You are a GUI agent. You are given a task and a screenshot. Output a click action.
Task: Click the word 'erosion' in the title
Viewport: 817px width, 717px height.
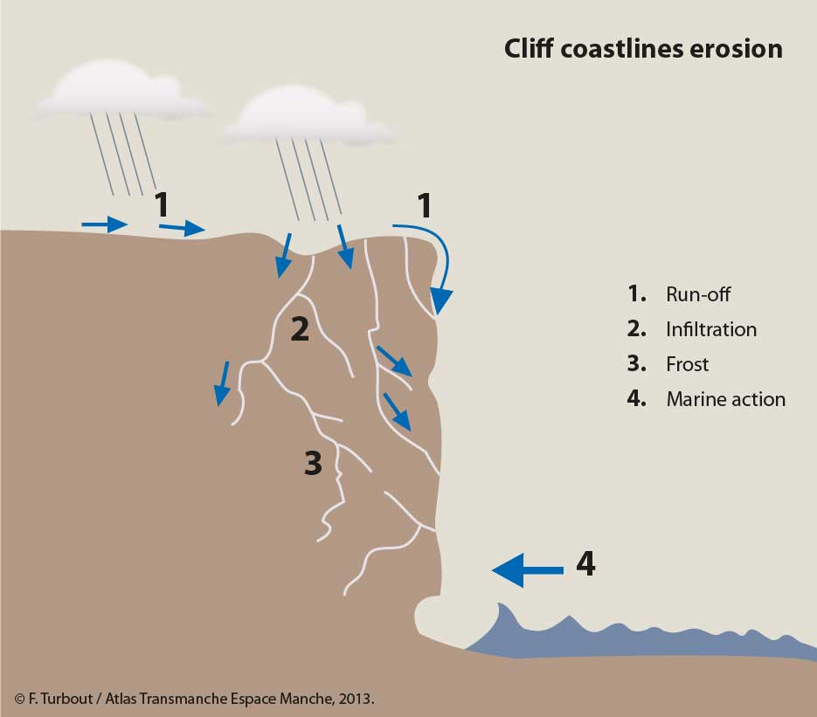737,49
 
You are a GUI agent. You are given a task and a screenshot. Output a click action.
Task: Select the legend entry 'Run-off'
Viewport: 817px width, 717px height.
698,294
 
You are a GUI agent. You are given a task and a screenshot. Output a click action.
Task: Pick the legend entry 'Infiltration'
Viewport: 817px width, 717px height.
711,329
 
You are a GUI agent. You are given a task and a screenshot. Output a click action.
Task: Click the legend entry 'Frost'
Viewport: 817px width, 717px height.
688,364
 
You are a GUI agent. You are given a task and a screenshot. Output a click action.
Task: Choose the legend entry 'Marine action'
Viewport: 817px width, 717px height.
726,399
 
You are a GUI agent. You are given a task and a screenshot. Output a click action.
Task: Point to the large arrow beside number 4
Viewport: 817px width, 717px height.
528,570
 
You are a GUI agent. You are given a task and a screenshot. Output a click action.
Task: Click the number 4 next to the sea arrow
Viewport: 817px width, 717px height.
585,563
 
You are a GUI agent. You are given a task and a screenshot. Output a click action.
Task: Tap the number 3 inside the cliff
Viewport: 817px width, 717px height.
313,463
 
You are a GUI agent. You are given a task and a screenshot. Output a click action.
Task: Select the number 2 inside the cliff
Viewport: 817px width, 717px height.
300,329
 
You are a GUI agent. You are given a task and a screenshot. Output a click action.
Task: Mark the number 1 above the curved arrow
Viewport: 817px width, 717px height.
425,206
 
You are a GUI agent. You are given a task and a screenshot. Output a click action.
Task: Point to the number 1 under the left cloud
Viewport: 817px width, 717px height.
162,204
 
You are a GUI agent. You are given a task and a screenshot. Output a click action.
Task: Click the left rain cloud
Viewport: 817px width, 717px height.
124,90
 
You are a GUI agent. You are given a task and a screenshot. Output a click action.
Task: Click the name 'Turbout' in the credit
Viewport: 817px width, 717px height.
66,699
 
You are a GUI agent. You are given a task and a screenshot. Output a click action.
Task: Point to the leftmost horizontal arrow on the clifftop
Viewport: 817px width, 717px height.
105,224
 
